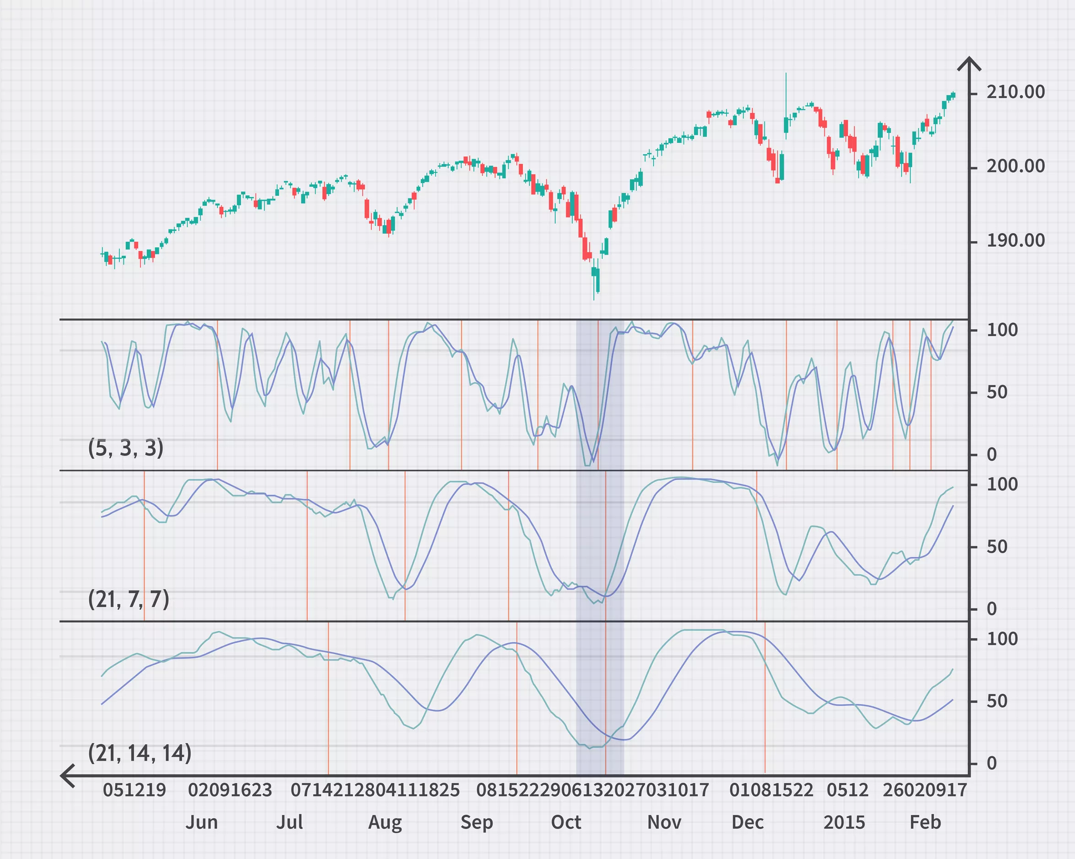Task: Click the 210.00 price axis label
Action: coord(1015,92)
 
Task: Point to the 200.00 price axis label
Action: coord(1015,166)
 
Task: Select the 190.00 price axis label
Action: coord(1015,241)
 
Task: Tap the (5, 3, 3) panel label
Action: coord(125,448)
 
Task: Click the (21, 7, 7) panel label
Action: coord(129,599)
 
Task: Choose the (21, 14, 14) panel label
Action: coord(140,753)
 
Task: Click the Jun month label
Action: coord(201,822)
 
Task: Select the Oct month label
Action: coord(566,822)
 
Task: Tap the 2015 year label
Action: coord(844,822)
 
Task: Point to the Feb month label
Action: coord(925,822)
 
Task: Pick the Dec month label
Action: coord(747,822)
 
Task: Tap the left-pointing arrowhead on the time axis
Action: coord(66,776)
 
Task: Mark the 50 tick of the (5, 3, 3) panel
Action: coord(997,392)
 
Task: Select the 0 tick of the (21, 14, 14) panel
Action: coord(992,763)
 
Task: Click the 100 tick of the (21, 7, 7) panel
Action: coord(1002,484)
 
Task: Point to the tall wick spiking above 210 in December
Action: coord(786,95)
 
